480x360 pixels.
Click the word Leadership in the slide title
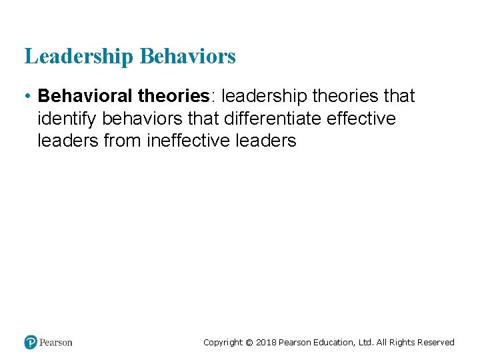[79, 57]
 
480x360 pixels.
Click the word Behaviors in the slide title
[187, 57]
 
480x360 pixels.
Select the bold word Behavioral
[85, 97]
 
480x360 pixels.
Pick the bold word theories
[173, 97]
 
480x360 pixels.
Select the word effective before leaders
[359, 119]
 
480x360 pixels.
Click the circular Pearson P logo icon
[31, 342]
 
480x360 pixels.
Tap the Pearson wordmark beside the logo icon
[56, 343]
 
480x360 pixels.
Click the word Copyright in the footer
[223, 343]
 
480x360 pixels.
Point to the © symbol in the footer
[249, 343]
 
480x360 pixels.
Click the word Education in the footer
[334, 343]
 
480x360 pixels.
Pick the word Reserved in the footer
[435, 343]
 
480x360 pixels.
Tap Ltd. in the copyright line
[367, 343]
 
